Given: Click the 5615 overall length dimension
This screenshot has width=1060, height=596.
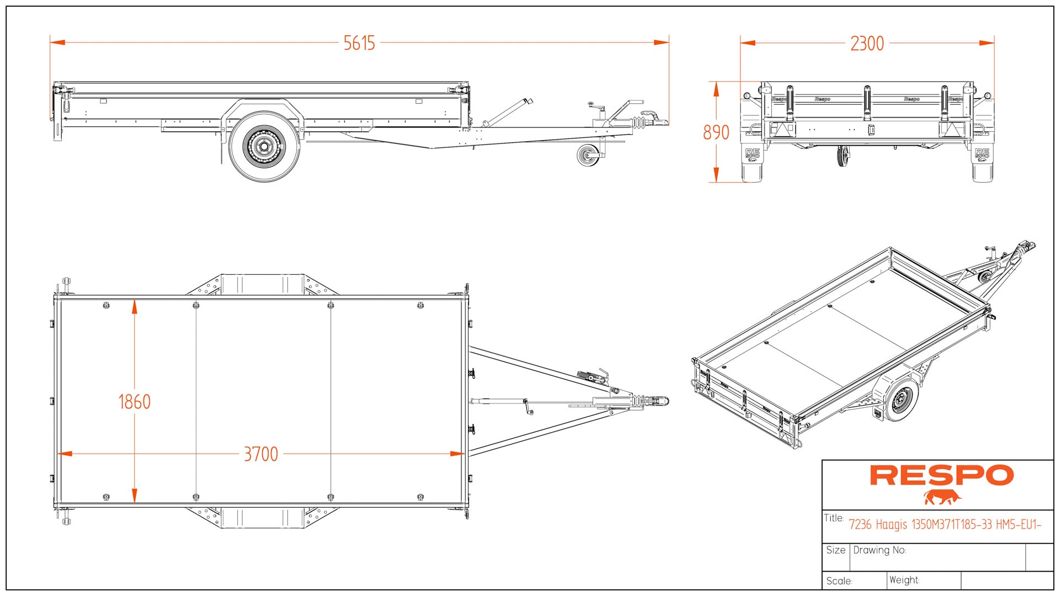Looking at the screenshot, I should [359, 43].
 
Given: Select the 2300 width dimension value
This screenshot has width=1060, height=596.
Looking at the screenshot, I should [867, 44].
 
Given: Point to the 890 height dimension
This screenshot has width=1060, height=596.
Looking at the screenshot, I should [716, 132].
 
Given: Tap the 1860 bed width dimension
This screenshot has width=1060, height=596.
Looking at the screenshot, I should [134, 402].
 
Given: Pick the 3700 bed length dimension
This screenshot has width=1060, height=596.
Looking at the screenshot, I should [261, 454].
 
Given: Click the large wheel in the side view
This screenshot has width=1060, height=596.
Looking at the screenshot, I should [264, 146].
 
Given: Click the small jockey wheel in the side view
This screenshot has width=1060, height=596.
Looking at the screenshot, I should [587, 155].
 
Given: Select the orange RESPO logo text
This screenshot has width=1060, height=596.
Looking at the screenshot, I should [942, 475].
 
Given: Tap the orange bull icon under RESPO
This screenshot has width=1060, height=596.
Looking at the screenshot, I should [942, 497].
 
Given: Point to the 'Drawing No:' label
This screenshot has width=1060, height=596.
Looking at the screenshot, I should [879, 550].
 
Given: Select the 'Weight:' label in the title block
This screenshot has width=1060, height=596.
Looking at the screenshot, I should [904, 580].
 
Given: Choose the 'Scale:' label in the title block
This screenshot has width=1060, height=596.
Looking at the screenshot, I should [839, 581].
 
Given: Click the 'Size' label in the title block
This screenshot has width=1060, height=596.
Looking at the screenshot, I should [836, 550].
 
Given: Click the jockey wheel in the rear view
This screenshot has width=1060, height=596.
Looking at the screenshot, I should [842, 157].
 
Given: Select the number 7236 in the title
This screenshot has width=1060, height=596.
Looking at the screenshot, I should [860, 525].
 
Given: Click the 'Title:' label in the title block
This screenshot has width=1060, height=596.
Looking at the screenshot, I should [834, 518].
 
